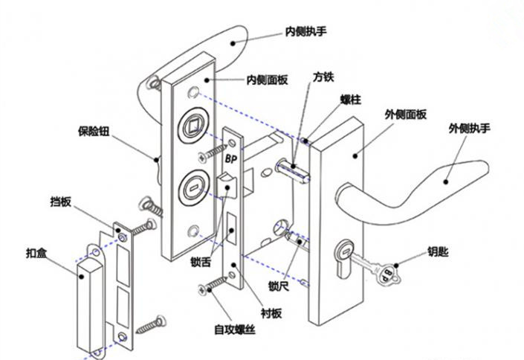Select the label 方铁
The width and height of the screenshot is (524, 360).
[323, 77]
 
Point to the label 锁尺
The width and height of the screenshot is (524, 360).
[277, 286]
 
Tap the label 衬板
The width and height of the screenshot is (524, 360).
[271, 315]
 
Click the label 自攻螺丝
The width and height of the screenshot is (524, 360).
[234, 328]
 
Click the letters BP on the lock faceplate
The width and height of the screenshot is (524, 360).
[230, 158]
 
